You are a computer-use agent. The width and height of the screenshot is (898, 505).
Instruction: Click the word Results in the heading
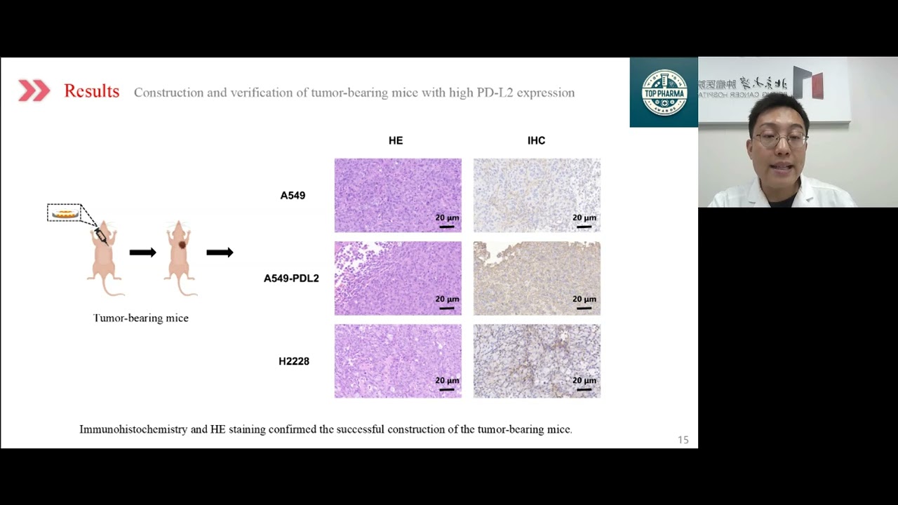[91, 91]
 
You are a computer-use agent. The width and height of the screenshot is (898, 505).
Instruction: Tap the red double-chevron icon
[34, 90]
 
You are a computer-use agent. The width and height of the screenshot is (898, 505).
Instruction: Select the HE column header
[396, 140]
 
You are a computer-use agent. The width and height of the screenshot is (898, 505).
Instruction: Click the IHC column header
[536, 140]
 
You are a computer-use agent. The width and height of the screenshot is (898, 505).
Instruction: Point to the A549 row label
[293, 196]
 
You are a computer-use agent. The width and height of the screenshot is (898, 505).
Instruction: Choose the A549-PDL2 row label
[291, 278]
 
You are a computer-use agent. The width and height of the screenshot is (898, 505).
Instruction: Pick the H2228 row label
[293, 361]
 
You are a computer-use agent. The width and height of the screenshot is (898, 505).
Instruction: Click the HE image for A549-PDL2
[398, 278]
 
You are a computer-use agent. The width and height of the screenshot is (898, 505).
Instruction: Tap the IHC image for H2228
[537, 361]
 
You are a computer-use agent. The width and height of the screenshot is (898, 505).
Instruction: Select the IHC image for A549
[537, 195]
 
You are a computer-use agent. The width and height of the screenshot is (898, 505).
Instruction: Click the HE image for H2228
[398, 361]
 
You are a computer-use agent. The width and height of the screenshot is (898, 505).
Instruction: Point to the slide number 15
[683, 440]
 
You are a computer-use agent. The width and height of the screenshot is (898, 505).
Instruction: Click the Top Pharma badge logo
[664, 92]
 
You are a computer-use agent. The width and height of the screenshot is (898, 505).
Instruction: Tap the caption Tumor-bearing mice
[140, 318]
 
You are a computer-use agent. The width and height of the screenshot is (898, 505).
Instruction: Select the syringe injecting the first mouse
[100, 236]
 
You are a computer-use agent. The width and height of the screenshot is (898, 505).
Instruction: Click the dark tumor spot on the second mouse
[182, 244]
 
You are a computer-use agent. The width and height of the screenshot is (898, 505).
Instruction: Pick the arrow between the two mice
[142, 252]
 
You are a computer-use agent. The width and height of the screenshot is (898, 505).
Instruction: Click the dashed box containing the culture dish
[65, 213]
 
